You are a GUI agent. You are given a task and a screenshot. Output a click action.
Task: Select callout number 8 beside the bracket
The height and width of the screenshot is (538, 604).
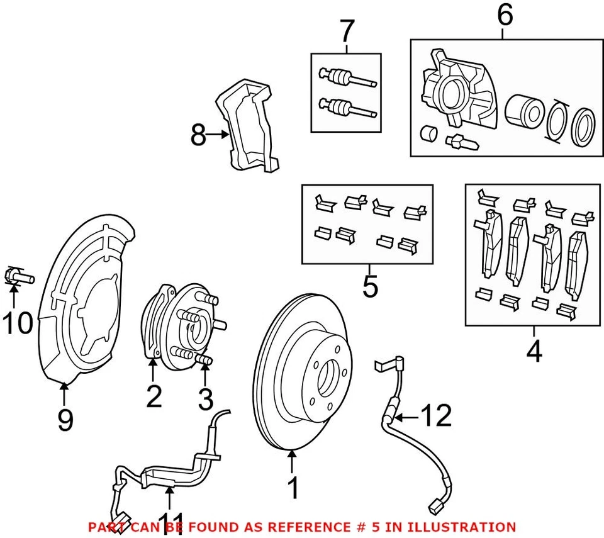198,135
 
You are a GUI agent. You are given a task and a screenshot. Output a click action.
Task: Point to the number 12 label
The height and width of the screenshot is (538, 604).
436,416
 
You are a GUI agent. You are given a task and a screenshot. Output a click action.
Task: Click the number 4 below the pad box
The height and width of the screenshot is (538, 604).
534,351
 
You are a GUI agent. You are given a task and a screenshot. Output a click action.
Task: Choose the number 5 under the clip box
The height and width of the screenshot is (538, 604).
371,286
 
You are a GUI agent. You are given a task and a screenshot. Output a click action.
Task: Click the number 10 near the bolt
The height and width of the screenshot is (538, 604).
17,324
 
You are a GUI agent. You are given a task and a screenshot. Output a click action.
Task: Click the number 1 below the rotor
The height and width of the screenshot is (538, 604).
293,488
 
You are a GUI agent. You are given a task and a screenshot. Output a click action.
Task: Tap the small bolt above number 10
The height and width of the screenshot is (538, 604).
20,276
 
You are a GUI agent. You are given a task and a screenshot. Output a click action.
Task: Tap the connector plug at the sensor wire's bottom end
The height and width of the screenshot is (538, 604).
434,505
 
